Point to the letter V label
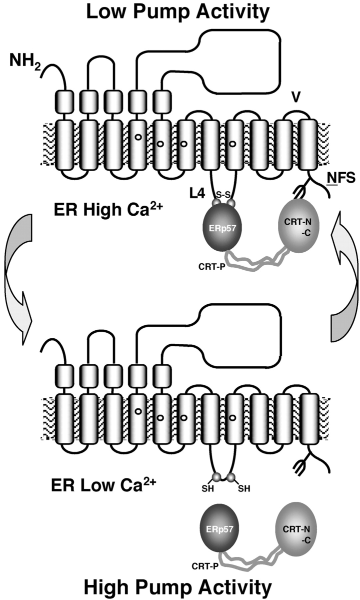coord(298,95)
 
